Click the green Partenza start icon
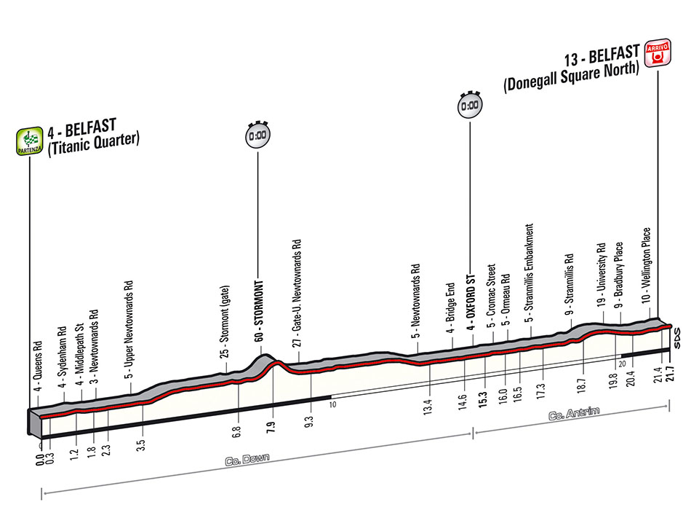coord(30,141)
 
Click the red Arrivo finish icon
coord(658,53)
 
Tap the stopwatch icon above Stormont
coord(257,135)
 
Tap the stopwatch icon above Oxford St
coord(470,105)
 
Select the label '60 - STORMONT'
coord(259,310)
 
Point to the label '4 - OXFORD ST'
coord(470,302)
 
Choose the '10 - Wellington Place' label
coord(646,265)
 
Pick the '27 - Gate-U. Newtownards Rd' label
coord(297,293)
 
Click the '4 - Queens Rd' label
coord(38,366)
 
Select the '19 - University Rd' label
coord(601,275)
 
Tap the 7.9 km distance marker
coord(271,427)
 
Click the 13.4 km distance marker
coord(428,406)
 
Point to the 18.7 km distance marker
coord(581,385)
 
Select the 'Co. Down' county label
coord(247,460)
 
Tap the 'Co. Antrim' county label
coord(574,414)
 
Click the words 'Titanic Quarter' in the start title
coord(93,143)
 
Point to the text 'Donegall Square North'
coord(572,76)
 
